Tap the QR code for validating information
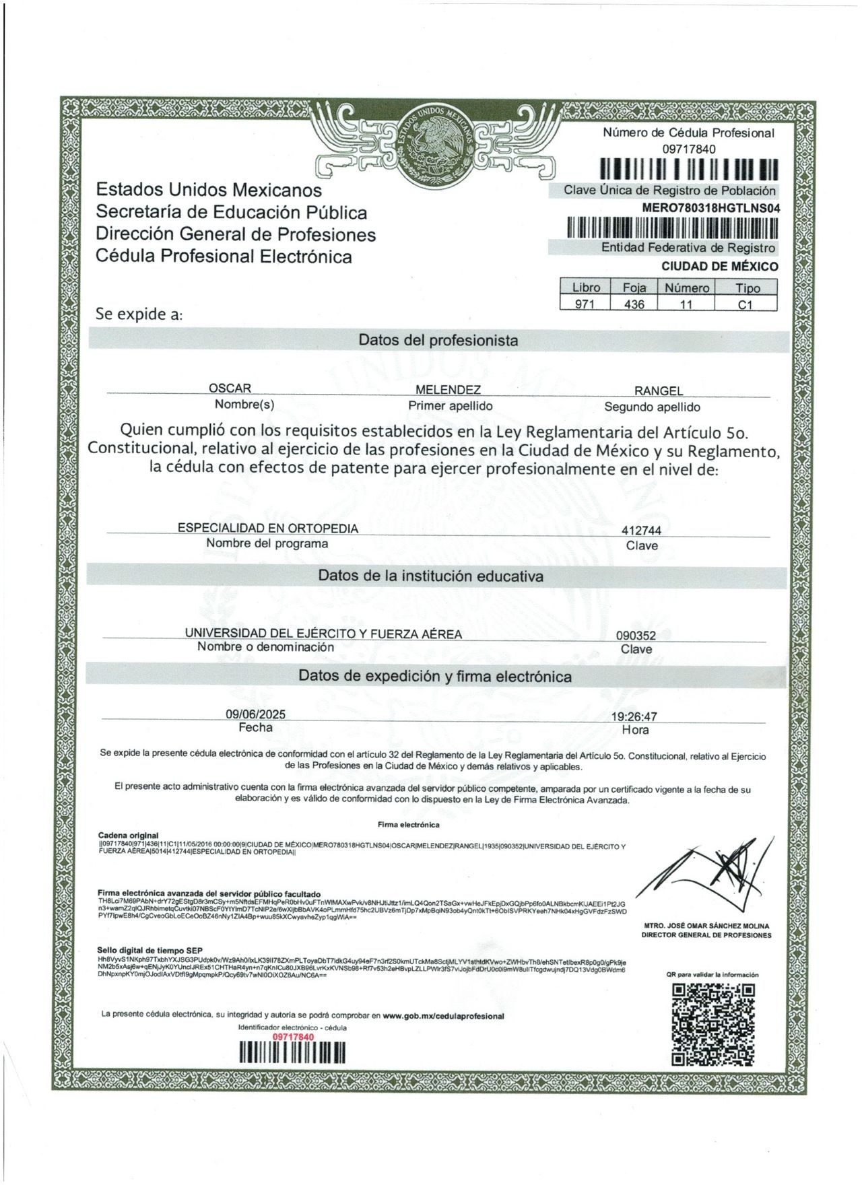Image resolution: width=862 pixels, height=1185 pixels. click(714, 1025)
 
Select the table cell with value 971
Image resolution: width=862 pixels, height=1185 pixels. click(585, 304)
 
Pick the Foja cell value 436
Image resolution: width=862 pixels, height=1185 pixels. click(634, 304)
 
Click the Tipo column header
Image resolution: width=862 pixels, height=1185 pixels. click(748, 288)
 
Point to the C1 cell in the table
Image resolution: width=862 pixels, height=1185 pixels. click(745, 304)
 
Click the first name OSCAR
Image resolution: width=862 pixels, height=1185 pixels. click(230, 388)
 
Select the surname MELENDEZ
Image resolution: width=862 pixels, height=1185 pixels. click(448, 390)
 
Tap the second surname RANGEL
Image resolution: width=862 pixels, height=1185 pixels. click(658, 391)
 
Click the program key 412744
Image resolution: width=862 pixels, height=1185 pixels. click(641, 531)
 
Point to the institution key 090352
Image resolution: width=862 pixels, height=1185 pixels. click(636, 635)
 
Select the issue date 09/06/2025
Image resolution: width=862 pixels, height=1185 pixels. click(255, 714)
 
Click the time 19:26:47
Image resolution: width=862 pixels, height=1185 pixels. click(634, 717)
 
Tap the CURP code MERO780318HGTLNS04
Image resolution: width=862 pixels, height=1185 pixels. click(711, 209)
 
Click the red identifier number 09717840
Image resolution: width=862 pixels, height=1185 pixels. click(293, 1037)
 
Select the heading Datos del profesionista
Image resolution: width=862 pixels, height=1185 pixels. click(438, 341)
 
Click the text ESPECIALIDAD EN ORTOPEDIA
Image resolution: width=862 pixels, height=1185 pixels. click(268, 529)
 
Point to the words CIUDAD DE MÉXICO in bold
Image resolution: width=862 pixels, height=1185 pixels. click(719, 267)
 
